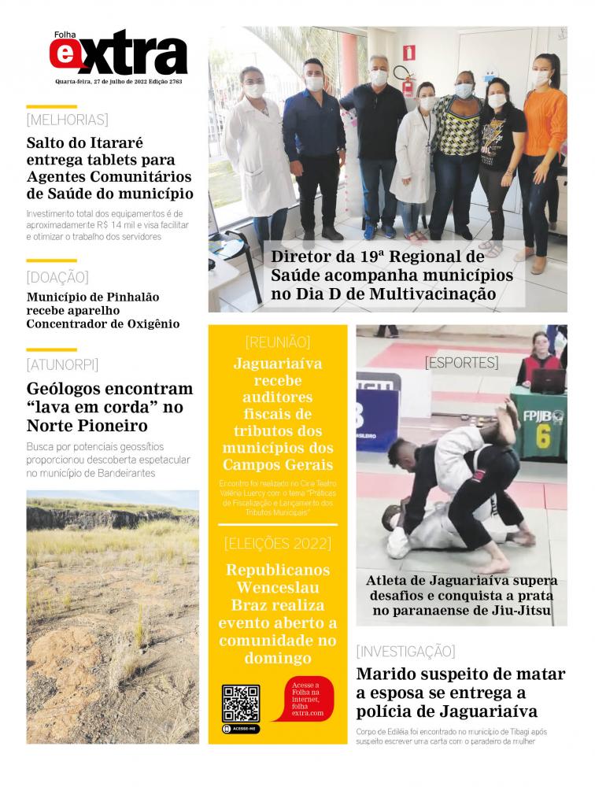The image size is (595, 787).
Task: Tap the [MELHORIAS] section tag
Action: [x=67, y=120]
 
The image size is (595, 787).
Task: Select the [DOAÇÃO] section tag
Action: [x=57, y=277]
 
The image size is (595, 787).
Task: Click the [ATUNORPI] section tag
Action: [x=62, y=364]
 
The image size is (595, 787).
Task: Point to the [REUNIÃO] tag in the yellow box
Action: [x=278, y=342]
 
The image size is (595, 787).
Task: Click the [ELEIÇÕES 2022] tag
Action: [x=278, y=544]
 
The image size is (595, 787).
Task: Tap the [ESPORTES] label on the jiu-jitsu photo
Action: [x=461, y=363]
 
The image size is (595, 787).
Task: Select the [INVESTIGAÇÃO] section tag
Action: [x=405, y=651]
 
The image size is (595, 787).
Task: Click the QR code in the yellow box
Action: [x=240, y=703]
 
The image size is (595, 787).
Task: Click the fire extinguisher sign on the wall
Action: [x=408, y=52]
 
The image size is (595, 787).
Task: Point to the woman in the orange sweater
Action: [x=542, y=150]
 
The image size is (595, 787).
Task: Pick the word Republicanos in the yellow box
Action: [x=278, y=570]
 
